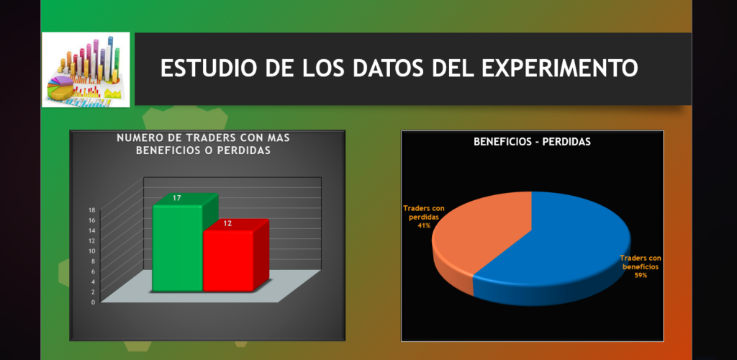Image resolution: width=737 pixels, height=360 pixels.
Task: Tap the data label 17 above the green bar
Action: tap(177, 198)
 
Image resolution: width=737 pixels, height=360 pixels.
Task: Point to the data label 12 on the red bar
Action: tap(227, 224)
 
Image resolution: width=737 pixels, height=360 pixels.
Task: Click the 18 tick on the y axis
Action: tap(91, 210)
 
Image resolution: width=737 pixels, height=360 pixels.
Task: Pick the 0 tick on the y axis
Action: tap(93, 302)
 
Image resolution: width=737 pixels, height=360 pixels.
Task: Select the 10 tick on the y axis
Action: tap(91, 251)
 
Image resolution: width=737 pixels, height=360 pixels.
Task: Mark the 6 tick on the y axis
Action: tap(93, 271)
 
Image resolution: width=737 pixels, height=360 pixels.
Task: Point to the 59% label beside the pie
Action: tap(641, 276)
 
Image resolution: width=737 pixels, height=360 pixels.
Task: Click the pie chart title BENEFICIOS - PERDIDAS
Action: tap(532, 141)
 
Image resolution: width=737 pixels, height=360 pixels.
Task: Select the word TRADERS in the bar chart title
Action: tap(207, 138)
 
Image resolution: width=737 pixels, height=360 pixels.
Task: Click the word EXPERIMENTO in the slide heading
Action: tap(560, 68)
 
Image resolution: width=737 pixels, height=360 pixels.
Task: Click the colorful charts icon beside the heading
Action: tap(86, 70)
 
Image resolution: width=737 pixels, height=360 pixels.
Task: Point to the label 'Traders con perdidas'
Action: tap(424, 213)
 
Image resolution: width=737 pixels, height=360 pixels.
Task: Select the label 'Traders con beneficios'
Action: tap(641, 262)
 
